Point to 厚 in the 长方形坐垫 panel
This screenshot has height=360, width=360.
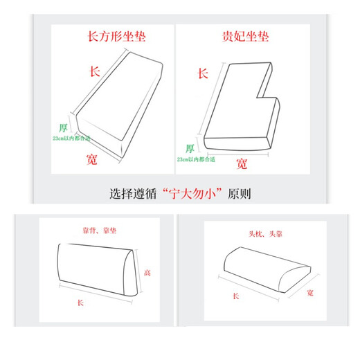pos(64,127)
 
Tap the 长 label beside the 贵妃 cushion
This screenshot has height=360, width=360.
pos(203,73)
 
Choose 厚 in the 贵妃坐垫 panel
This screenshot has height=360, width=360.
pos(190,147)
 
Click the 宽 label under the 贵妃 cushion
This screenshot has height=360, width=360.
pos(242,163)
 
